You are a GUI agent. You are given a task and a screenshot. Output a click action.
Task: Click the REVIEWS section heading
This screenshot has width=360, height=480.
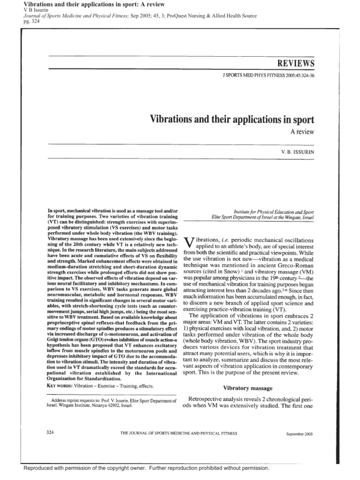pos(295,63)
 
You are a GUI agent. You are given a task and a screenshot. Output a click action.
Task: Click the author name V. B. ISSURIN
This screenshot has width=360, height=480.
pos(297,153)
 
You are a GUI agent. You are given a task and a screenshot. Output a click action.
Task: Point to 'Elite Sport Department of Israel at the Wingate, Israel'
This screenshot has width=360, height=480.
pos(262,218)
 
